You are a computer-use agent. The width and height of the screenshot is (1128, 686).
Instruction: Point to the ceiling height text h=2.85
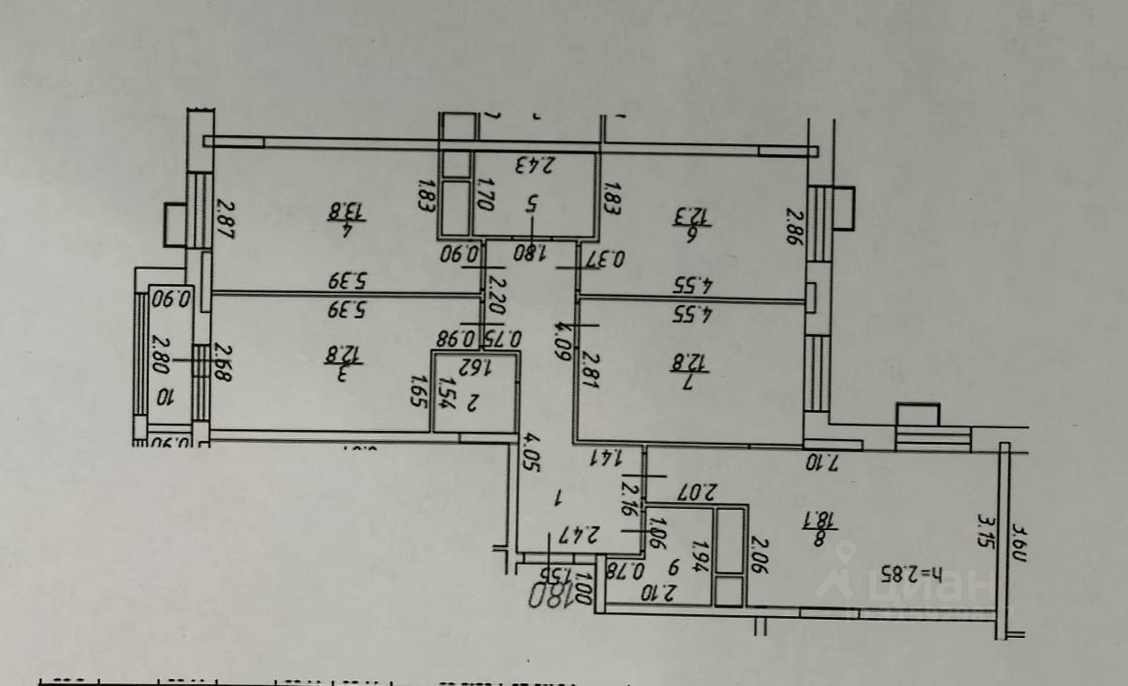[911, 573]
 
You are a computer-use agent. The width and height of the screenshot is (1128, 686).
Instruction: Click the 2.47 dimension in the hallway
[577, 534]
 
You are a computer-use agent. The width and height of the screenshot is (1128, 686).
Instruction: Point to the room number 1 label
[559, 496]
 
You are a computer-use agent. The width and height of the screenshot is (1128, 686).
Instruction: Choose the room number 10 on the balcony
[165, 397]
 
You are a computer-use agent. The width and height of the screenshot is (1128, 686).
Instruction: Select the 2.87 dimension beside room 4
[224, 220]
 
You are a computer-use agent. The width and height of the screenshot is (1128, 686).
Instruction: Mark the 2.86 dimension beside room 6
[794, 228]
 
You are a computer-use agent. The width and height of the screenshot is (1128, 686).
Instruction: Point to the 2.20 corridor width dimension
[495, 295]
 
